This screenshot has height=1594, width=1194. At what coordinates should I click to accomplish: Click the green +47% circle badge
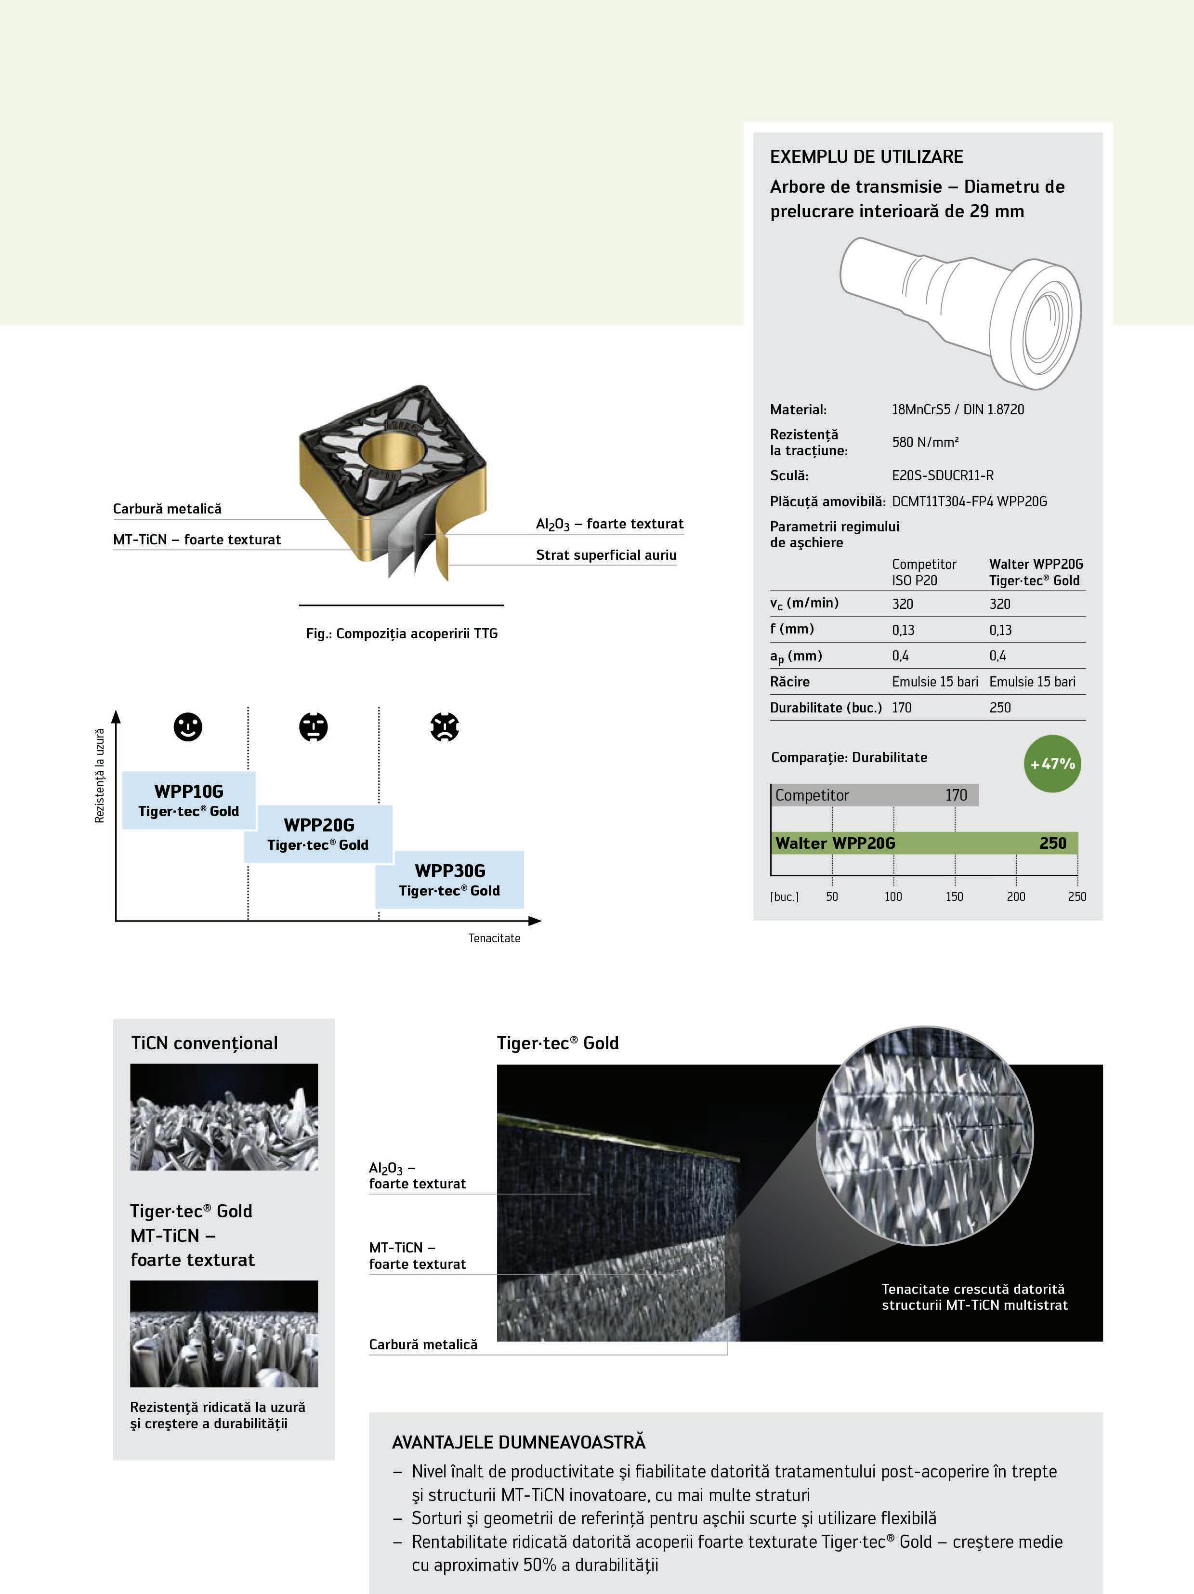pyautogui.click(x=1052, y=764)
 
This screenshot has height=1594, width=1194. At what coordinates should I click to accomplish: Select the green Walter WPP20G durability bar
pyautogui.click(x=924, y=843)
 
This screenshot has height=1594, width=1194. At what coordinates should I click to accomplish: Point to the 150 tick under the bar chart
pyautogui.click(x=954, y=896)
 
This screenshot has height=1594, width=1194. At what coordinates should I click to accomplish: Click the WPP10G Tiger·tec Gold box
pyautogui.click(x=189, y=800)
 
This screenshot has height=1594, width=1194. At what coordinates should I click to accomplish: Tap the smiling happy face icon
pyautogui.click(x=188, y=726)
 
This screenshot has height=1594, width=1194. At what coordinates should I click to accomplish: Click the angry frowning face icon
pyautogui.click(x=445, y=727)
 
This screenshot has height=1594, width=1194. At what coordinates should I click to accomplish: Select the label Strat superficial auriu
pyautogui.click(x=606, y=555)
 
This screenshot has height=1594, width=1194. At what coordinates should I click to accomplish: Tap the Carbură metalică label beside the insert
pyautogui.click(x=167, y=509)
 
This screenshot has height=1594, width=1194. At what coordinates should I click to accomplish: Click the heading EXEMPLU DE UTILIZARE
pyautogui.click(x=866, y=157)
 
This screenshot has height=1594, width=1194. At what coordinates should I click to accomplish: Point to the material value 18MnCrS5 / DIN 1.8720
pyautogui.click(x=958, y=409)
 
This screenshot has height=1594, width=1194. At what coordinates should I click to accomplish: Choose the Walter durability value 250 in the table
pyautogui.click(x=1000, y=708)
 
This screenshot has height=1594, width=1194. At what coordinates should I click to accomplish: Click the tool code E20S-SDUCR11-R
pyautogui.click(x=943, y=475)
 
